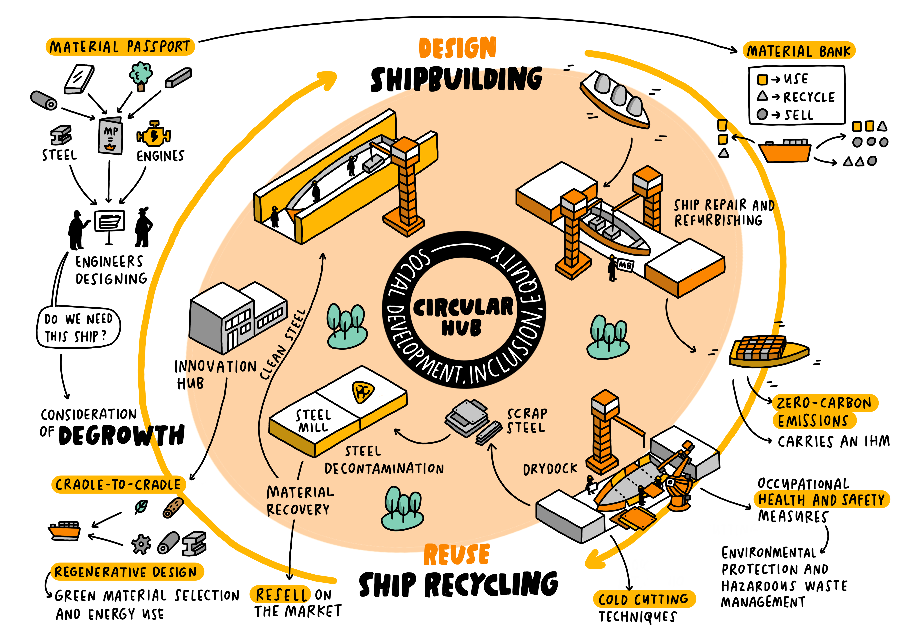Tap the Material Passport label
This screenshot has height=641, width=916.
(120, 47)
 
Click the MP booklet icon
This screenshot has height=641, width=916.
(110, 136)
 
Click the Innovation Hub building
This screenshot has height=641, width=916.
(237, 317)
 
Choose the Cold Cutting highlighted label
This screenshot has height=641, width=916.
(643, 599)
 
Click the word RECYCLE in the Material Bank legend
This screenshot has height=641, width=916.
(809, 97)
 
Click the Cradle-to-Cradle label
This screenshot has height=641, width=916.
(118, 485)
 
